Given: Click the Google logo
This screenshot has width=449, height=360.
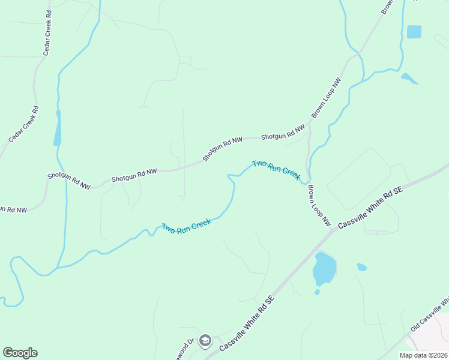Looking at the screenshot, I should (x=20, y=353).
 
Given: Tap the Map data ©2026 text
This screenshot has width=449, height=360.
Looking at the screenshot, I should (x=423, y=355).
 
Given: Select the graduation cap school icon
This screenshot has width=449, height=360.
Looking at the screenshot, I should (x=205, y=340).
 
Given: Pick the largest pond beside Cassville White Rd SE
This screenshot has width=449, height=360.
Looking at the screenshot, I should (x=324, y=268).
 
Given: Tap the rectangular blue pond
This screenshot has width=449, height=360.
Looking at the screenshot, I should (x=414, y=32).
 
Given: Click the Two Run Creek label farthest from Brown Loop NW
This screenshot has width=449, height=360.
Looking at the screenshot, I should (x=186, y=227).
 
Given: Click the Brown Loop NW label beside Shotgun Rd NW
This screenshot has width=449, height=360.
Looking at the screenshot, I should (x=326, y=97).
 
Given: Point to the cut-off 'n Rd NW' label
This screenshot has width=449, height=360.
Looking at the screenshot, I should (x=13, y=210).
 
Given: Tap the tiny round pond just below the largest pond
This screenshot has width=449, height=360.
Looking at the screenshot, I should (x=317, y=292).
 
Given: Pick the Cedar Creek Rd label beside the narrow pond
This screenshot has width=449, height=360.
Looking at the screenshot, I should (x=24, y=125).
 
